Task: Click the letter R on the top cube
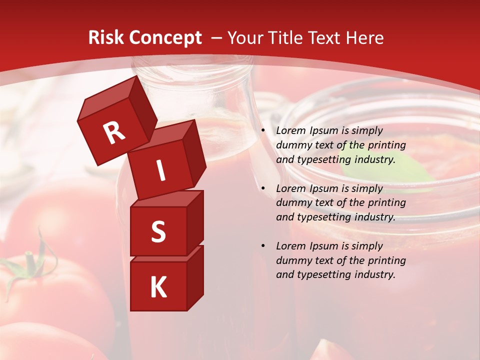(114, 132)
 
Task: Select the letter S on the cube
(158, 231)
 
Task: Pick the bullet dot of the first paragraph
(262, 131)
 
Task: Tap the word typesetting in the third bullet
(319, 274)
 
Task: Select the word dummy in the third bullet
(293, 260)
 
